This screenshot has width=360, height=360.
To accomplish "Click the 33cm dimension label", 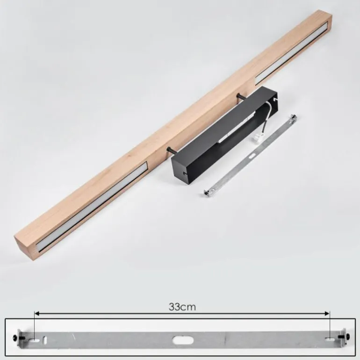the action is click(x=182, y=307).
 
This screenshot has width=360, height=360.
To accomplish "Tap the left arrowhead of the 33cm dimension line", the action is click(x=37, y=313).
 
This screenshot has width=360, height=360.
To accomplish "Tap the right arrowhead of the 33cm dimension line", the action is click(x=327, y=313).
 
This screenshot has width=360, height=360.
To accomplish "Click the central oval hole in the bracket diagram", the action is click(x=183, y=340).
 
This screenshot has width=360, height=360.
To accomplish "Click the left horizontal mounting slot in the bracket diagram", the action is click(x=34, y=341).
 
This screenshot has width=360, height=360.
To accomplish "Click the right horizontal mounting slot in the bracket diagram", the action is click(x=330, y=338).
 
